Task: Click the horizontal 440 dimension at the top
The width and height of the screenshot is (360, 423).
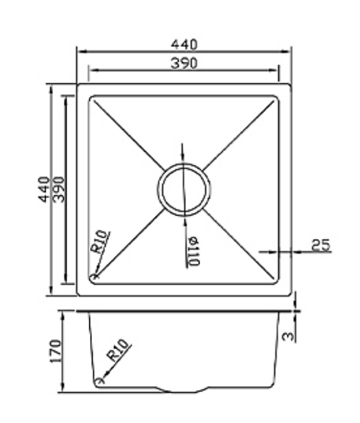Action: (x=183, y=44)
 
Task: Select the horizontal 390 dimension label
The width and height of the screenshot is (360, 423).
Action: (x=183, y=63)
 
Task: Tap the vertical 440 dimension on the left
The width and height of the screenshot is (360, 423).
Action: (x=44, y=189)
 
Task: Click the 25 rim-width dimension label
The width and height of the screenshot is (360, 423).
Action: (x=322, y=244)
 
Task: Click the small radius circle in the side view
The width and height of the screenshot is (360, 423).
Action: (x=101, y=381)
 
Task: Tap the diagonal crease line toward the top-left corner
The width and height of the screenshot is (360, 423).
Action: (x=128, y=134)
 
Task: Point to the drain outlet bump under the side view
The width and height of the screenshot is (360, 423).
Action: (x=181, y=391)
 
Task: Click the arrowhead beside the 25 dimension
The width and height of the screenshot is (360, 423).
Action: (x=281, y=252)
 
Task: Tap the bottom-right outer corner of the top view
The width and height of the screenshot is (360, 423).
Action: (x=290, y=295)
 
